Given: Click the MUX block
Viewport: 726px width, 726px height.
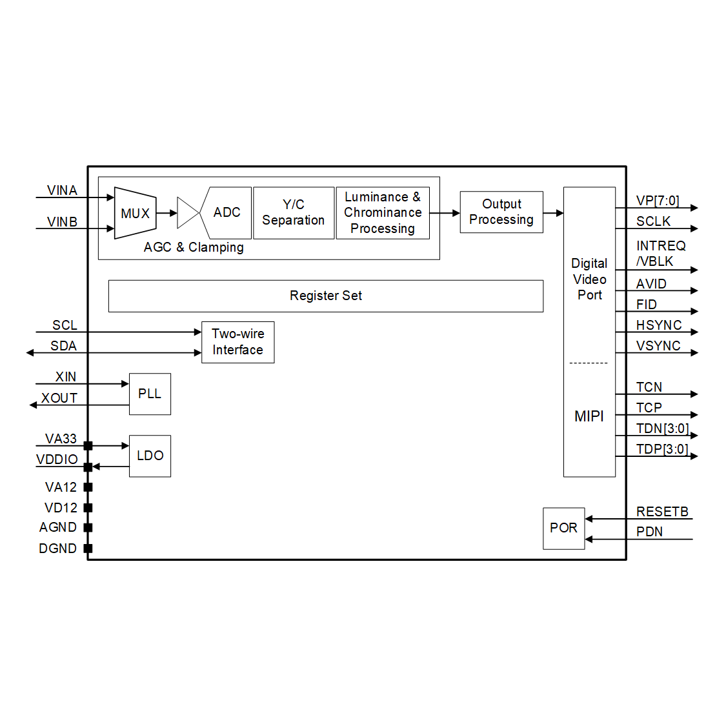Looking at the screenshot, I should tap(135, 213).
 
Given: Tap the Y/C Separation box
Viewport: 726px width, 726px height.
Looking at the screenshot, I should tap(294, 213).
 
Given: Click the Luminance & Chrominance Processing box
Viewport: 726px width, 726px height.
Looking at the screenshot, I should tap(383, 213).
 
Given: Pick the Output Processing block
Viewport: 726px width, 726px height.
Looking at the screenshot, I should tap(501, 212).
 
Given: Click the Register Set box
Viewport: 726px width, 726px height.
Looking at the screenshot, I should tap(326, 296).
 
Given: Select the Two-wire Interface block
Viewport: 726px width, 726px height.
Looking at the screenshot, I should tap(237, 342).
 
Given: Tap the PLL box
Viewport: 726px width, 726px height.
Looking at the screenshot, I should tap(150, 394).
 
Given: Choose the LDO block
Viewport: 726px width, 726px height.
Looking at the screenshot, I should tap(150, 456).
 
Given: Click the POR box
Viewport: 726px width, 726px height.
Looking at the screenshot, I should tap(563, 528).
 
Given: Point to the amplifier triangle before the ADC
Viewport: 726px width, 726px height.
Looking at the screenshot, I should tap(187, 213).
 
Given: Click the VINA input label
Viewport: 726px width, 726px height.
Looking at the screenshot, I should tap(62, 190).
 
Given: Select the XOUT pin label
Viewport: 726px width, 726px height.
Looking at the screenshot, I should tap(59, 398).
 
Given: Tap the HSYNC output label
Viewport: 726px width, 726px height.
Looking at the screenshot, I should tap(659, 325).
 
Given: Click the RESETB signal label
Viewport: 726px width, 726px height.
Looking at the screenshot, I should tap(662, 512).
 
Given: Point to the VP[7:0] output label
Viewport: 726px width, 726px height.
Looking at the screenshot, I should tap(658, 201).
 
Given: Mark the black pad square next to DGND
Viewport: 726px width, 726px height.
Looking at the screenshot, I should tap(88, 549).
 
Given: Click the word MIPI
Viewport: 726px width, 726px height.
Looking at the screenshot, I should tap(589, 416).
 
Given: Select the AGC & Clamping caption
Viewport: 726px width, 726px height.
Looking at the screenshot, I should tap(194, 247).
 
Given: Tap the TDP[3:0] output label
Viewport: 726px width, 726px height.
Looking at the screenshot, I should tap(662, 449).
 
